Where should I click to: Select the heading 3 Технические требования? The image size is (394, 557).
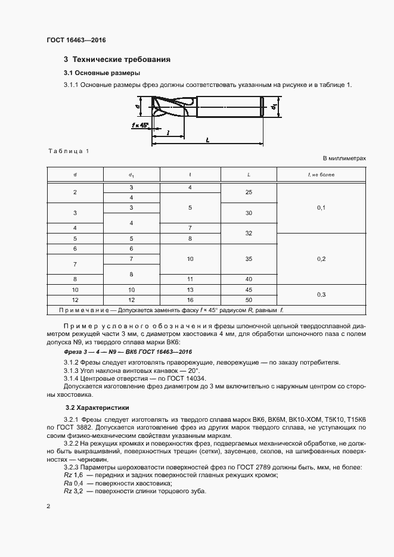[117, 60]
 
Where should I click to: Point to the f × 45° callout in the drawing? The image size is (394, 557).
[140, 126]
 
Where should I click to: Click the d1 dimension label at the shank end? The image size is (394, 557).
[274, 107]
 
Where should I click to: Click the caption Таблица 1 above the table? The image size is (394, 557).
[68, 151]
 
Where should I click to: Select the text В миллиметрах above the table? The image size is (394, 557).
[344, 159]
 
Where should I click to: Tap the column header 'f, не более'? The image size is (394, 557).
[321, 175]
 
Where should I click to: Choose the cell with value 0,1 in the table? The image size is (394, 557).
[321, 207]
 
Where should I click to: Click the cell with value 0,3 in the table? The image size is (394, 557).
[321, 294]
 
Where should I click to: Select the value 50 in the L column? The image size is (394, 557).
[249, 299]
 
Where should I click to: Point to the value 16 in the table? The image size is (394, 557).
[190, 299]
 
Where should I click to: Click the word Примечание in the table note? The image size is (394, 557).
[80, 310]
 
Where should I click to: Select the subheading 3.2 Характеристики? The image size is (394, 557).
[97, 409]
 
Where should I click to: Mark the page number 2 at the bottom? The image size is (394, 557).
[48, 506]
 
